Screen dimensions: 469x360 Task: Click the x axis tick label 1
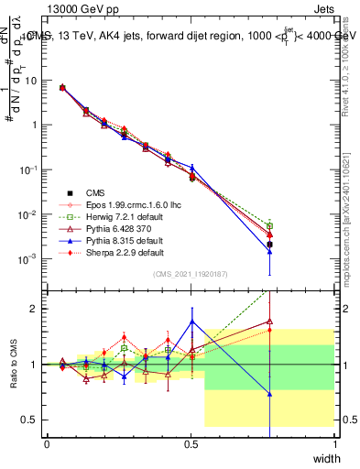pos(334,444)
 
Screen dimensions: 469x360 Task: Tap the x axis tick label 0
pos(47,444)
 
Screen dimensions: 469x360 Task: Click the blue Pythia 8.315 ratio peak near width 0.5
pos(191,321)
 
